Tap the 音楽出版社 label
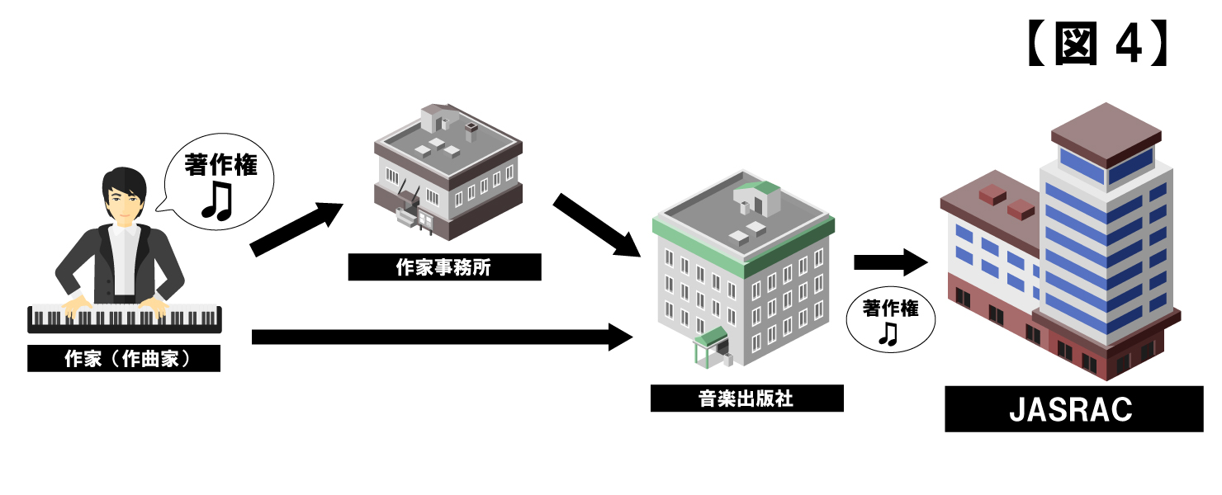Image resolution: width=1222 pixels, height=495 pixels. [x=747, y=398]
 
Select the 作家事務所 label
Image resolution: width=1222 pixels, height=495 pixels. [x=444, y=267]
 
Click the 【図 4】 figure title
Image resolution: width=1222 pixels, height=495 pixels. [x=1096, y=43]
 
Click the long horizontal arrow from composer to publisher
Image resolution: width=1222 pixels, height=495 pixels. [x=442, y=337]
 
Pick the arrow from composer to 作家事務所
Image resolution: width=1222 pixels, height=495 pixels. [x=296, y=229]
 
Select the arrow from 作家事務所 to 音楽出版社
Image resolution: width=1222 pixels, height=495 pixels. [x=596, y=224]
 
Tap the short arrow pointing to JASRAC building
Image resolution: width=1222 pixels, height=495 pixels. [x=890, y=262]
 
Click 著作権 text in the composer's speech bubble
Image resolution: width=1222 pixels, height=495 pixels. [x=221, y=164]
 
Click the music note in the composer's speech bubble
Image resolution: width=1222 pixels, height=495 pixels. [x=218, y=201]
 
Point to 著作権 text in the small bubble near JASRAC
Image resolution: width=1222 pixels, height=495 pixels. [x=891, y=309]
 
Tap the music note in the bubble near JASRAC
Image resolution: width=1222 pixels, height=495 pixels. [x=888, y=333]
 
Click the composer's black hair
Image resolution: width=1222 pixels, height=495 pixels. [x=125, y=182]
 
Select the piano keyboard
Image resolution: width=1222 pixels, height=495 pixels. [x=125, y=318]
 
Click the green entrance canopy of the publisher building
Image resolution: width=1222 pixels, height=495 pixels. [x=710, y=337]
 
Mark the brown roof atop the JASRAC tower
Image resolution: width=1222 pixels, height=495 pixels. [x=1106, y=133]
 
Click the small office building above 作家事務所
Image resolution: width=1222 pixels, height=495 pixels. [x=448, y=171]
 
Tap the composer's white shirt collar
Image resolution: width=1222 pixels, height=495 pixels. [x=125, y=230]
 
